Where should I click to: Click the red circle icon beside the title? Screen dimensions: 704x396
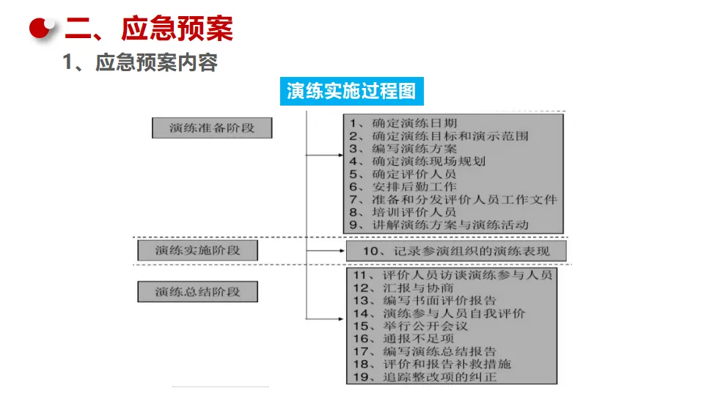(x=43, y=29)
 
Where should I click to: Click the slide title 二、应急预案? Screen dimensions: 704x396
(x=148, y=29)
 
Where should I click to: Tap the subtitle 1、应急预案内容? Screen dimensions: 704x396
(x=140, y=63)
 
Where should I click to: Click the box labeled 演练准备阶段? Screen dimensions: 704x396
(x=212, y=128)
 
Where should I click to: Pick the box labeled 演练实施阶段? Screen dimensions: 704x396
(x=197, y=250)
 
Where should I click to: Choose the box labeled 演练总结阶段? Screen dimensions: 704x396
(x=197, y=292)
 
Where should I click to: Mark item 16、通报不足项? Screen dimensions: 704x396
(x=403, y=338)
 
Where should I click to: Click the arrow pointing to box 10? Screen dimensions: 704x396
(x=339, y=251)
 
